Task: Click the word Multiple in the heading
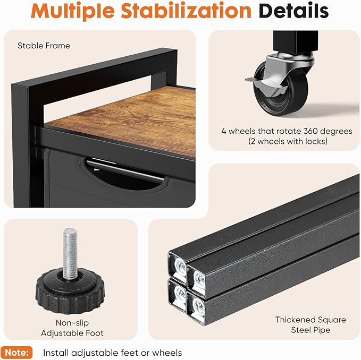[72, 11]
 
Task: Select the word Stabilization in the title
[186, 11]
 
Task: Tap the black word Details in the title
[293, 11]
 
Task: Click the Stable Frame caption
[44, 46]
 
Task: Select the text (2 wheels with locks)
[288, 141]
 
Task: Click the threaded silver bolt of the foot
[70, 253]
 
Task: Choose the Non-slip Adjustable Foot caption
[72, 328]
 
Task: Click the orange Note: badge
[16, 353]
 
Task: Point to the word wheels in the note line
[167, 353]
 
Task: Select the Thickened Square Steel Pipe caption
[310, 324]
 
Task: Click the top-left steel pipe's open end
[178, 267]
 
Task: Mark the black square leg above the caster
[296, 42]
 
